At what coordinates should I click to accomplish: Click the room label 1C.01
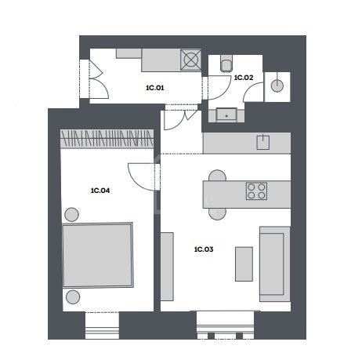coord(155,88)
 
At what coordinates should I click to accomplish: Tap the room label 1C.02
coord(244,78)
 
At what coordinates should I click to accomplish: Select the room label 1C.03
coord(204,249)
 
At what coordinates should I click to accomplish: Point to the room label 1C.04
coord(100,191)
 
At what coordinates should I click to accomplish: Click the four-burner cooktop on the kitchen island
coord(256,191)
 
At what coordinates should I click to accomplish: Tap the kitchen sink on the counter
coord(263,142)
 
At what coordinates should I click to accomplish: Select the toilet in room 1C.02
coord(226,64)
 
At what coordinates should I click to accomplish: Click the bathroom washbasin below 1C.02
coord(226,115)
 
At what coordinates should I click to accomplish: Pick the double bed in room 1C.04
coord(98,255)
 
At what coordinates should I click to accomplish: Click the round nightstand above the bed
coord(71,215)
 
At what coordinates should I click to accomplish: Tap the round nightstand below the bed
coord(73,296)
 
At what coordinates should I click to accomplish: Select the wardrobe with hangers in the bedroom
coord(107,139)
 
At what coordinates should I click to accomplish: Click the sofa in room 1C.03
coord(275,264)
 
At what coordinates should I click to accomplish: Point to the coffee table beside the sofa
coord(244,264)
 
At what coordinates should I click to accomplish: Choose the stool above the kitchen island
coord(217,176)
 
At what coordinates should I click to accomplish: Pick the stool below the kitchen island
coord(217,214)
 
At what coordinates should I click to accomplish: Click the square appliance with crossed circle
coord(191,60)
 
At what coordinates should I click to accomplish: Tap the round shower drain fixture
coord(277,85)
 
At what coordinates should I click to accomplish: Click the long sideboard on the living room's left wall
coord(167,267)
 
